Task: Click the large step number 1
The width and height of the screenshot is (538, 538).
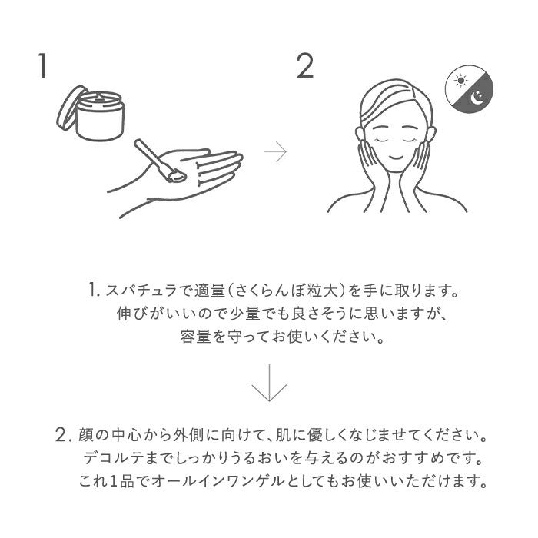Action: pos(42,66)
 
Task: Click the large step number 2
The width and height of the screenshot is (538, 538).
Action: pos(304,66)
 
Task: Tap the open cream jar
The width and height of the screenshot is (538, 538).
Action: pos(100,116)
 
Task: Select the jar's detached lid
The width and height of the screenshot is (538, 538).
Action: pos(71,108)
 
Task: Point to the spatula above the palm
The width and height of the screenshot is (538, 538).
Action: pos(160,161)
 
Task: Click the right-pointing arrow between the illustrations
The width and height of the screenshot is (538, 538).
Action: pos(275,151)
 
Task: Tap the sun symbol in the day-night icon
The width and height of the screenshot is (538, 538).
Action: pos(460,81)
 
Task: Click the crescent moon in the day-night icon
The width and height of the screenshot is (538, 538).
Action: pos(477,98)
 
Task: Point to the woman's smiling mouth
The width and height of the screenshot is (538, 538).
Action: pos(396,157)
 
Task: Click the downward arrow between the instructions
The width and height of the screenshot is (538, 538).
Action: pos(269,383)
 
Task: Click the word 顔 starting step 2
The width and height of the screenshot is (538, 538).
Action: pos(86,435)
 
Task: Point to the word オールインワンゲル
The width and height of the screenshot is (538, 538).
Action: pos(218,480)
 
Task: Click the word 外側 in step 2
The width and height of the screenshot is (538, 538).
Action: pos(187,435)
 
